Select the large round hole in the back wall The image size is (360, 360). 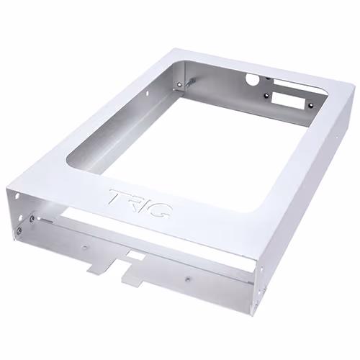[251, 79]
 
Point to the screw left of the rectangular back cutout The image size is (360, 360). [266, 95]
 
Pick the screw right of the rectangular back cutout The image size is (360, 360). [311, 105]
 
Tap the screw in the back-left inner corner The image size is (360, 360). [179, 84]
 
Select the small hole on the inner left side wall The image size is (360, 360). [147, 92]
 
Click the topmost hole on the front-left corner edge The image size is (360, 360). [17, 196]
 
